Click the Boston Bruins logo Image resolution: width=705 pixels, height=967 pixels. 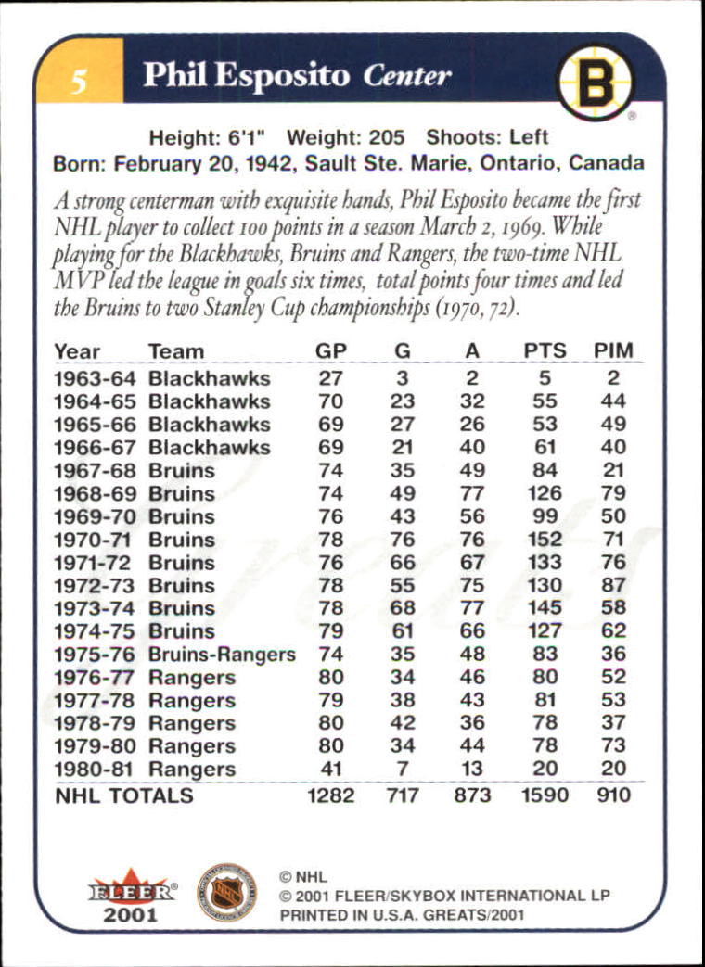(x=595, y=83)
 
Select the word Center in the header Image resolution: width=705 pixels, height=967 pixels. (x=407, y=76)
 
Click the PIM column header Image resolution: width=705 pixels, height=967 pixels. (x=613, y=351)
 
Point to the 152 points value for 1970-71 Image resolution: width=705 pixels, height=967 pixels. (x=545, y=540)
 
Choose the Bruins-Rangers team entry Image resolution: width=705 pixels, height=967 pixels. (x=222, y=655)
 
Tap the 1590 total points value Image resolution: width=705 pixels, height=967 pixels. (x=545, y=795)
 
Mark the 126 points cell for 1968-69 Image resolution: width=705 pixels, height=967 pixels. (x=545, y=493)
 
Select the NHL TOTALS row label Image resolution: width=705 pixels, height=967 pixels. (x=123, y=795)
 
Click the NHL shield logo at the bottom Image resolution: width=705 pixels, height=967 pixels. (x=227, y=891)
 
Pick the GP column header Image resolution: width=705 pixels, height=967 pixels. (x=330, y=351)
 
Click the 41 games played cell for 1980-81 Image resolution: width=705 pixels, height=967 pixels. (x=330, y=769)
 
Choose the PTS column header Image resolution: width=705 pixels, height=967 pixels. (x=545, y=351)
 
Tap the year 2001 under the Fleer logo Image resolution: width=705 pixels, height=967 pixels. (x=131, y=914)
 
